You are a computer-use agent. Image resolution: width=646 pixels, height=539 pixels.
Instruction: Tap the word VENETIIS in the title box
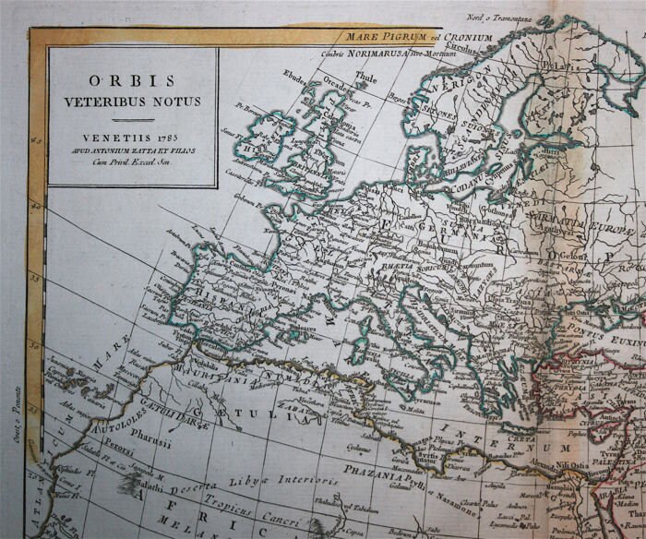120,137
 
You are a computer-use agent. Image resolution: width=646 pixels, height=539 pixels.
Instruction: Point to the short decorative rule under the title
132,119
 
